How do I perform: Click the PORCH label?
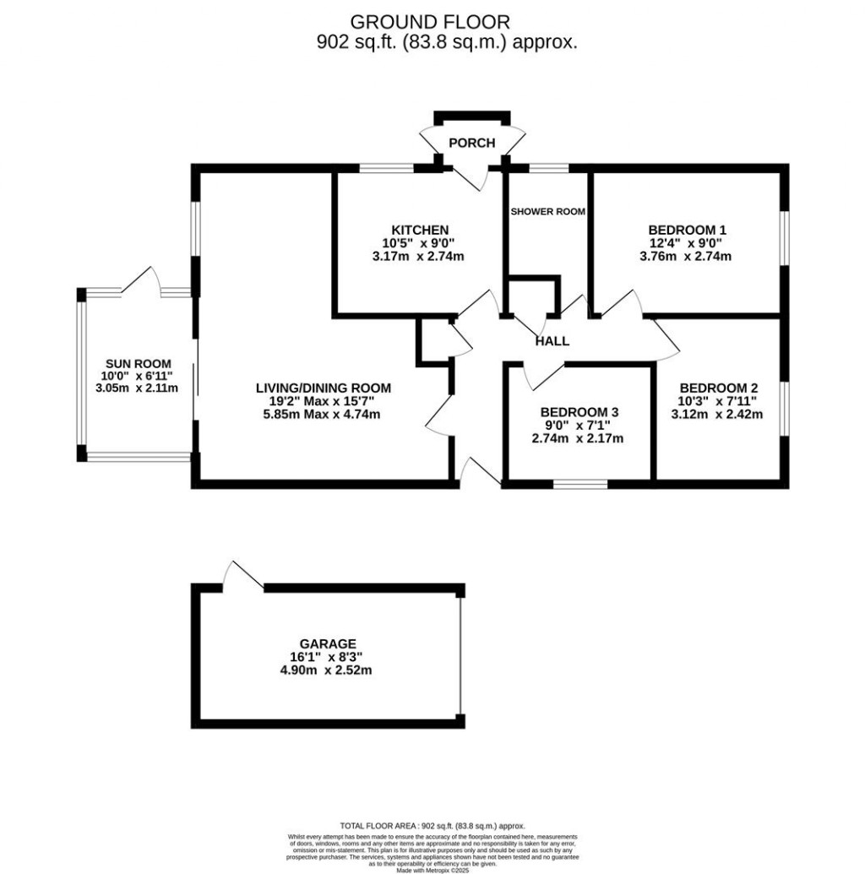pos(471,143)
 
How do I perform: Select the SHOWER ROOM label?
pos(547,211)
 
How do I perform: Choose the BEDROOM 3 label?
pos(579,412)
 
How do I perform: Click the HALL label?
pos(552,341)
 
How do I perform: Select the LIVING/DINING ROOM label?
pos(324,388)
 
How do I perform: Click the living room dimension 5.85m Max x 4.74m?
pos(324,415)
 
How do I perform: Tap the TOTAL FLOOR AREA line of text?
pos(432,825)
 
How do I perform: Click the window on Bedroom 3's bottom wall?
pos(579,484)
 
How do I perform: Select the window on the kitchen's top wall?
pos(386,168)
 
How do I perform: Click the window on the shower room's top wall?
pos(548,168)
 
